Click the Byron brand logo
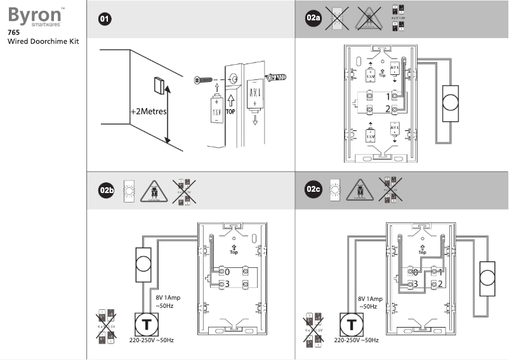click(x=31, y=15)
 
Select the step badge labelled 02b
click(x=106, y=190)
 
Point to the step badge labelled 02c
click(x=314, y=190)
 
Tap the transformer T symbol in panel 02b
click(x=147, y=324)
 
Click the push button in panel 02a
click(x=451, y=103)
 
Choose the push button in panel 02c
click(x=488, y=278)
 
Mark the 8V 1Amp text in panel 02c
click(x=370, y=298)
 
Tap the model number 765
click(x=13, y=32)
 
